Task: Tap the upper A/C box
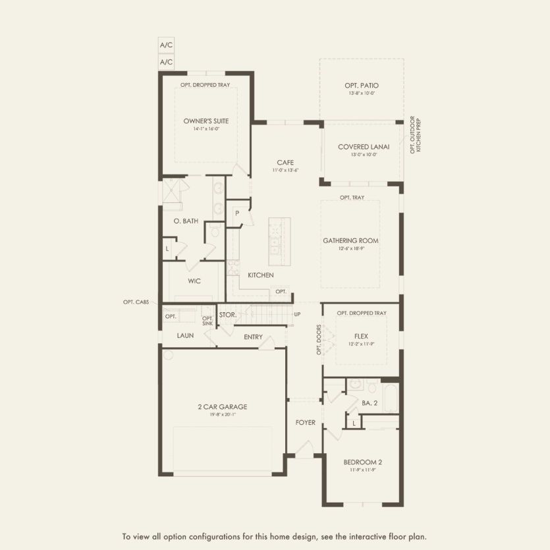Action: coord(166,45)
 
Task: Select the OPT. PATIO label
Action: coord(361,86)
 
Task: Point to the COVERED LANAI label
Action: coord(361,147)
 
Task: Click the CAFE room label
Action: coord(285,163)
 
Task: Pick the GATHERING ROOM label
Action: coord(350,240)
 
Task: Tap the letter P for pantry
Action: coord(236,213)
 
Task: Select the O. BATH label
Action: coord(186,221)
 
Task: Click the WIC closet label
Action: coord(194,281)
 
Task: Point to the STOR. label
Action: coord(228,315)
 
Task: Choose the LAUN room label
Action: coord(184,336)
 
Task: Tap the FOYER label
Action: coord(305,422)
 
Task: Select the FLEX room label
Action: coord(360,336)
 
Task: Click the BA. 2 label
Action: coord(369,402)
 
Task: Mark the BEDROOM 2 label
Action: coord(362,462)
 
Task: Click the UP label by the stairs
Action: coord(297,315)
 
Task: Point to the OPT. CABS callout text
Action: coord(136,302)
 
